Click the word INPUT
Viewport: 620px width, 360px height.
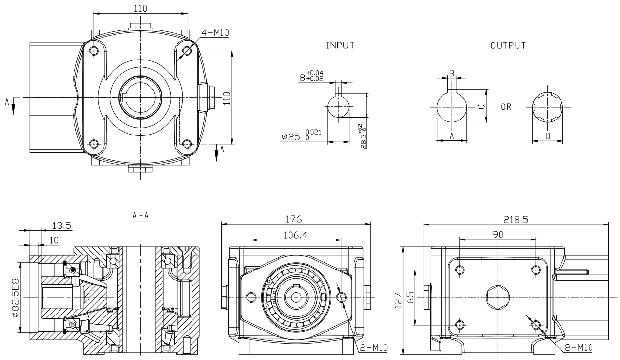click(x=340, y=45)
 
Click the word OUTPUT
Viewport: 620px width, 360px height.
click(x=508, y=45)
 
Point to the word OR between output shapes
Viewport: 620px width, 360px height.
click(x=506, y=107)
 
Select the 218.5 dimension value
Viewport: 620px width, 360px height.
click(x=516, y=219)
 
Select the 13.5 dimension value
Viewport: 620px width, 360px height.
click(x=62, y=225)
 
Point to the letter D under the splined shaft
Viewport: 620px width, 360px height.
click(x=547, y=136)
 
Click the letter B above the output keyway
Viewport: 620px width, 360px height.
click(x=452, y=73)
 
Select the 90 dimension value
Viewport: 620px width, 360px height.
click(x=498, y=234)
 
